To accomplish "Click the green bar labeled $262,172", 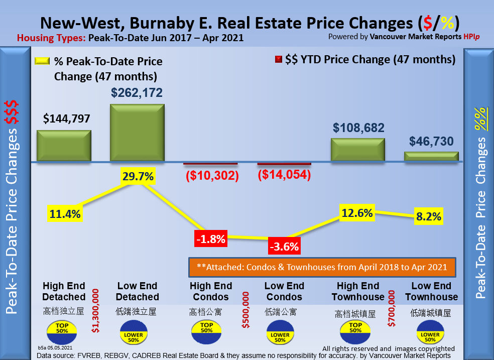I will [137, 133].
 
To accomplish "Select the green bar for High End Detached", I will [64, 146].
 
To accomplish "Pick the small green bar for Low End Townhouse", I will [432, 156].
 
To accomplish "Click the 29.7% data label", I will [137, 177].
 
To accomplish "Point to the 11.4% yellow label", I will [65, 214].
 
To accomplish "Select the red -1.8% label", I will [210, 238].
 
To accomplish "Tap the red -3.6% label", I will [284, 247].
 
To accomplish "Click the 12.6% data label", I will [357, 213].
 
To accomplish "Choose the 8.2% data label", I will [429, 217].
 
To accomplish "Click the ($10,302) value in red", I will [211, 176].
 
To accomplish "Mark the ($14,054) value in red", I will [284, 175].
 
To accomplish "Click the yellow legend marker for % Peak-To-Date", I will [42, 61].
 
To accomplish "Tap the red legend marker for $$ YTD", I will [278, 60].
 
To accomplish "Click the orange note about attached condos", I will [322, 267].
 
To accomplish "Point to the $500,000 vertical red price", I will [245, 310].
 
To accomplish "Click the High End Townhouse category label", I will [357, 291].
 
